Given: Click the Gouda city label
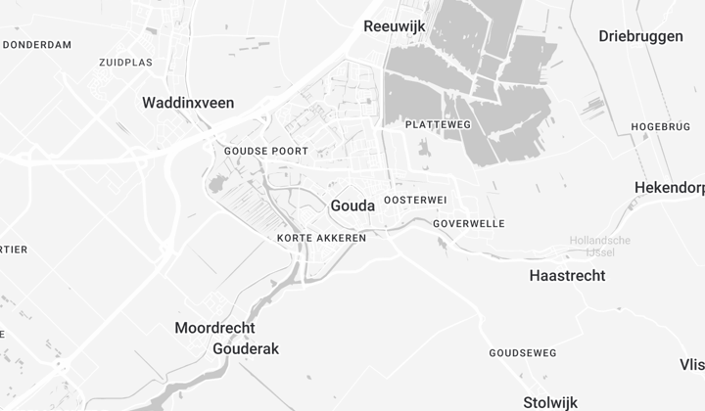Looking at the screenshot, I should point(352,205).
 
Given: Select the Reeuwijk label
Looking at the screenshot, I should point(394,26).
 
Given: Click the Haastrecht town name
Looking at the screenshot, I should point(567,276).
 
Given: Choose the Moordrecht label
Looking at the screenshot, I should point(214,328).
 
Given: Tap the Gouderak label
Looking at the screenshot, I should point(246,348).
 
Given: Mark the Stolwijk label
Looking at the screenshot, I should point(550,402).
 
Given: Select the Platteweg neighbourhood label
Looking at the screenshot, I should point(438,125).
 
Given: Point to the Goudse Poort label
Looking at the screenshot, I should point(266,151).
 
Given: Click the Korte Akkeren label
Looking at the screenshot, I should point(322,238).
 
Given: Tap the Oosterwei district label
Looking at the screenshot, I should point(415,200).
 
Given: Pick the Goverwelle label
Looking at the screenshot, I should point(469,223).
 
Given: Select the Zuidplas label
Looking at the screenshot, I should point(125,62).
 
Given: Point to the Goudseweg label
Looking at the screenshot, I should point(523,352).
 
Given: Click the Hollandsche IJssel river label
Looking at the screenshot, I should point(601,247).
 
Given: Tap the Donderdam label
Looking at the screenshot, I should point(37,45).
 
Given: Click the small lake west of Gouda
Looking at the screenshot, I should point(216,184).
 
